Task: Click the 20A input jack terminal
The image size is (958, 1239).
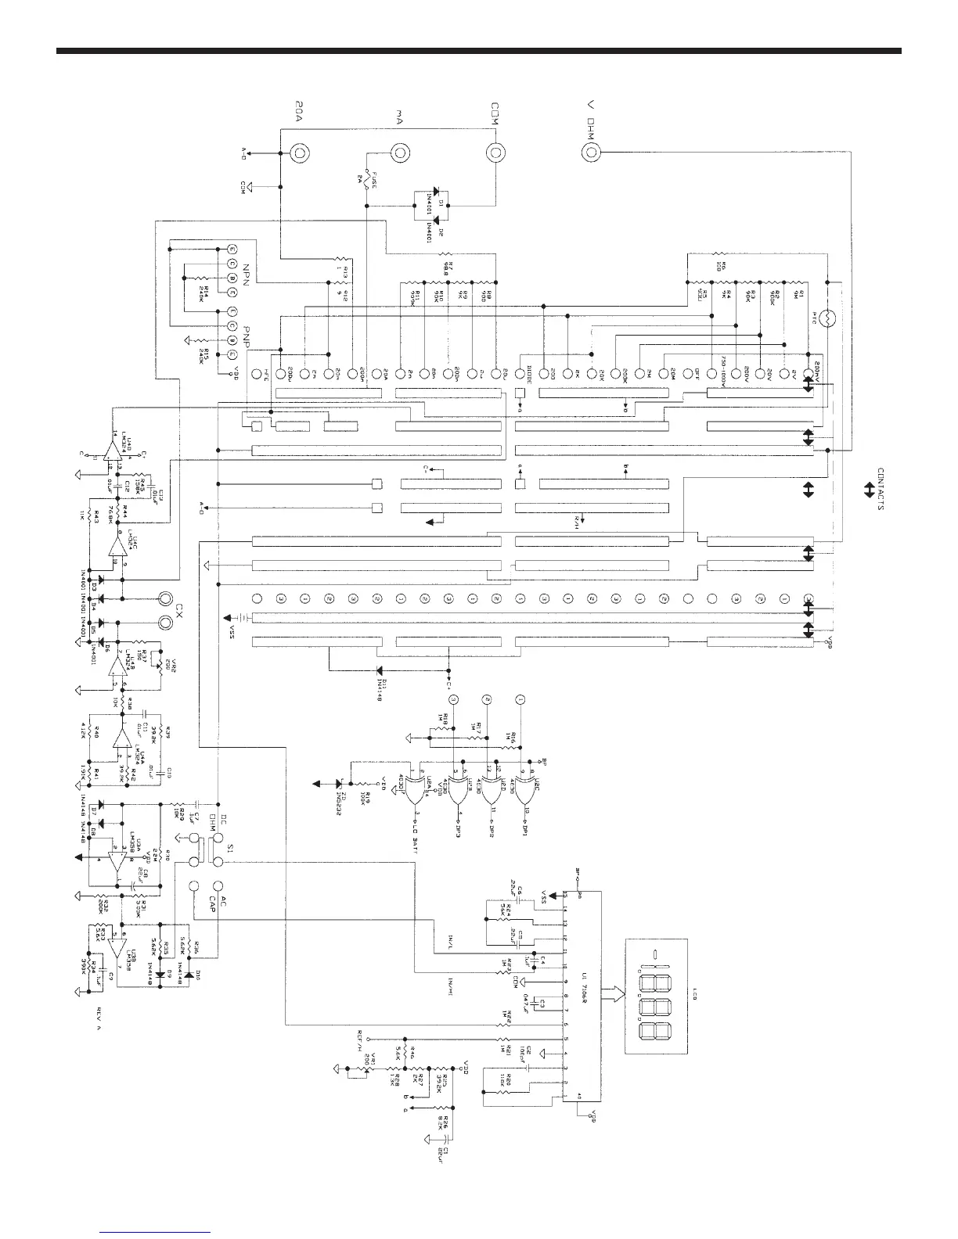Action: (x=300, y=153)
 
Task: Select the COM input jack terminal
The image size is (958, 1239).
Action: (x=495, y=153)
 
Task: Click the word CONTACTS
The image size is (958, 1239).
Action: (x=881, y=490)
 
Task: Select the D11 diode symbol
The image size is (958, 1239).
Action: (x=380, y=670)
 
